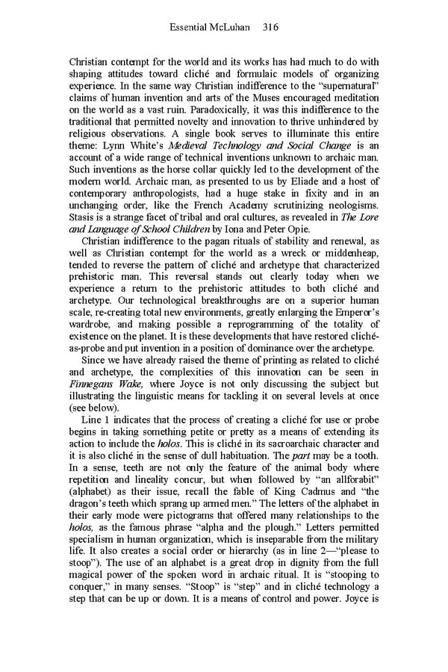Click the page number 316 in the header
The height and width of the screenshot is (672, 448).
click(x=271, y=27)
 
